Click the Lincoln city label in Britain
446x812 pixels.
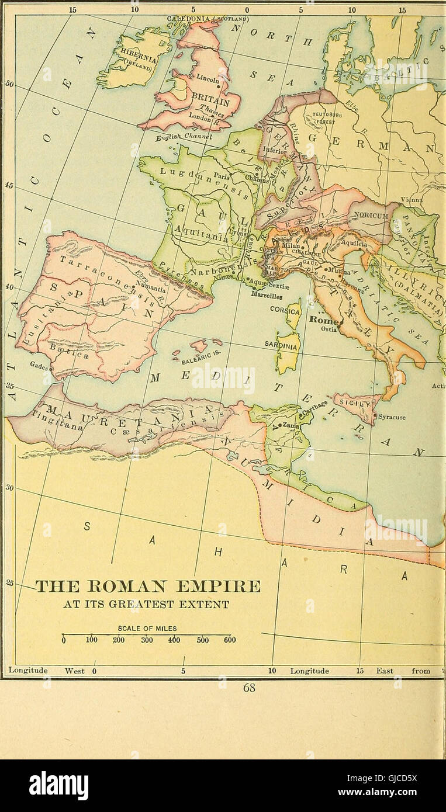(x=207, y=77)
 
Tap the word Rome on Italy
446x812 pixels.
(x=321, y=320)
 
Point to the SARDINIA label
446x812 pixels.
(x=282, y=345)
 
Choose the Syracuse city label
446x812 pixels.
(x=392, y=417)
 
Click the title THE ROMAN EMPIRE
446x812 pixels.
(x=148, y=586)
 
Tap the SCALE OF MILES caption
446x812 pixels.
(x=147, y=629)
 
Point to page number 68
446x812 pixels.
(x=249, y=688)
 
